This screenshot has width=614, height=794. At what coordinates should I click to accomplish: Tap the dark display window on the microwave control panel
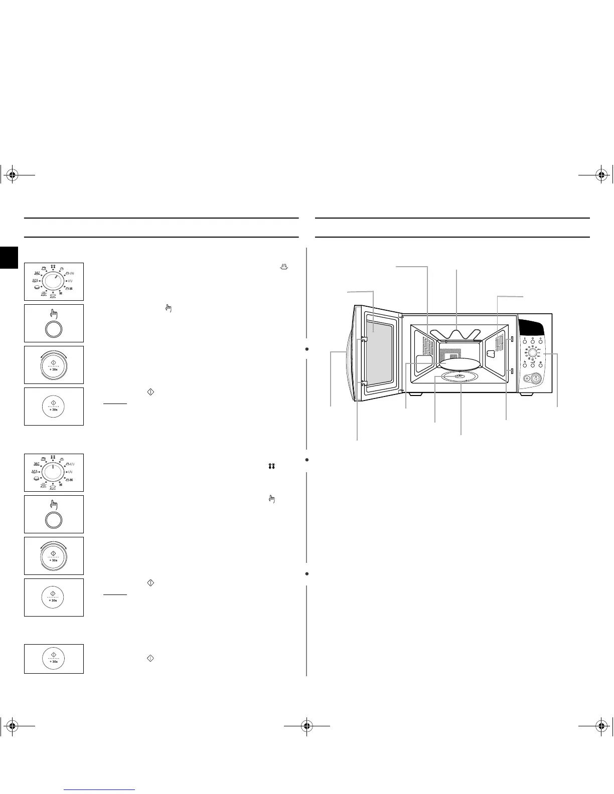(x=533, y=328)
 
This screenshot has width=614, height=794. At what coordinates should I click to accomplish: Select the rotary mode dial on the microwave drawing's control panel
(x=531, y=353)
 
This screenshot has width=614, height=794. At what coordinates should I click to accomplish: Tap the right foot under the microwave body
(x=526, y=394)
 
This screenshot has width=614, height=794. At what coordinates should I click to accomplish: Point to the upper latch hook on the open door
(x=363, y=339)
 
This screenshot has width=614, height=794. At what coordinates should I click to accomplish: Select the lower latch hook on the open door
(x=363, y=383)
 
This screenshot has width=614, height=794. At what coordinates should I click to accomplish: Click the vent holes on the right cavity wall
(x=499, y=343)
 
